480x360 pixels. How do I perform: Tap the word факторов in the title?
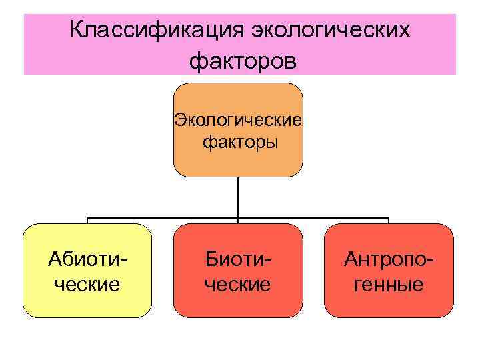[241, 61]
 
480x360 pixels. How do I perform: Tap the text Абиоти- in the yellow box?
[87, 259]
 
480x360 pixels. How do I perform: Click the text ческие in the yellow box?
[87, 285]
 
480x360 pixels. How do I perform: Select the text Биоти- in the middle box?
[238, 259]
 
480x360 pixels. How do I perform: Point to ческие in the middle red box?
[238, 285]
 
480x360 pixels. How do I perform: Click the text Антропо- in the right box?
[389, 259]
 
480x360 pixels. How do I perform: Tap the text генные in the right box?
[389, 285]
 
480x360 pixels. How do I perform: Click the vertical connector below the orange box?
[238, 197]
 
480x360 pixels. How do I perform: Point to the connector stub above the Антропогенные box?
[389, 221]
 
